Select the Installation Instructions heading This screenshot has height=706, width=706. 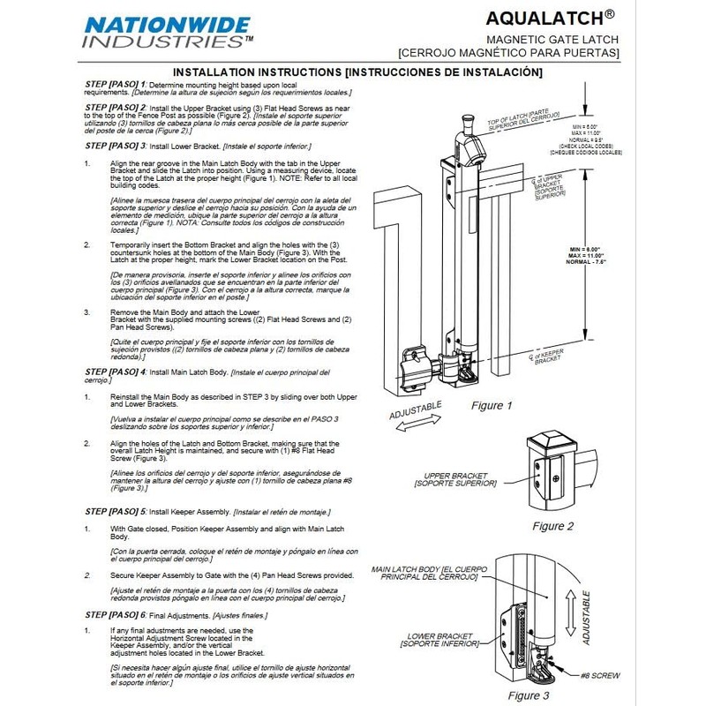pyautogui.click(x=357, y=71)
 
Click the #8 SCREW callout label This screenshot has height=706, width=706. pyautogui.click(x=600, y=675)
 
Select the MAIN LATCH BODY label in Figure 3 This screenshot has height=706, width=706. pyautogui.click(x=424, y=575)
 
